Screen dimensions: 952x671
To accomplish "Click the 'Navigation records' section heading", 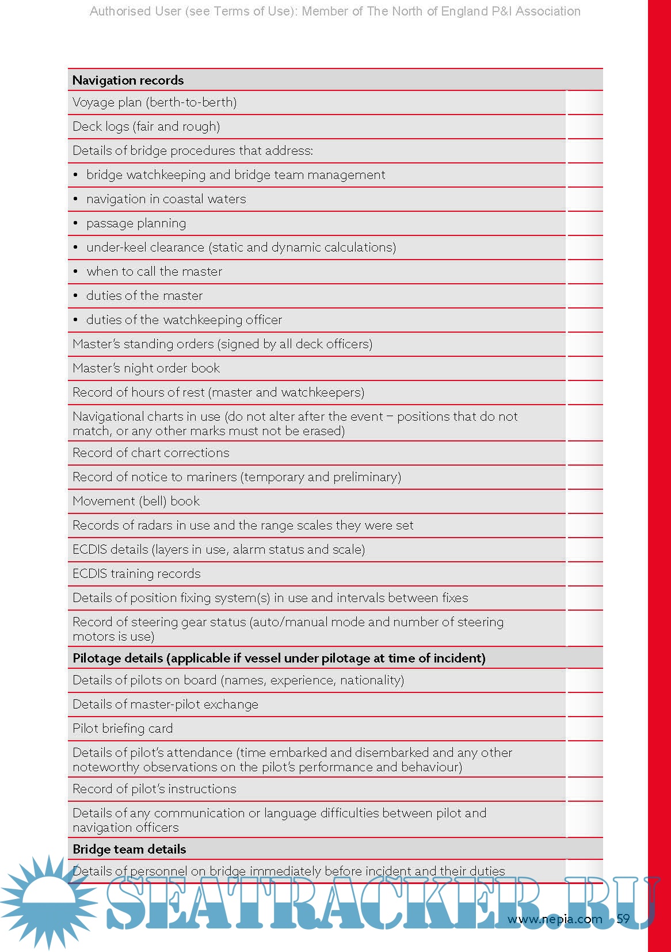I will (x=128, y=80).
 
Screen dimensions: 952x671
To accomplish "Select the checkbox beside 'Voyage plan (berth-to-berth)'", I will (x=584, y=102).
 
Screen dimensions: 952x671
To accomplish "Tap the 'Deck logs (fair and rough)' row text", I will (x=146, y=127).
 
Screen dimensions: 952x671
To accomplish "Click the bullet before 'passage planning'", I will (x=75, y=223).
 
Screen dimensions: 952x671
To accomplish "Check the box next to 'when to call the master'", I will (x=584, y=272).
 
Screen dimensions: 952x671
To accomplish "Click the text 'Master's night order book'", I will (x=146, y=368).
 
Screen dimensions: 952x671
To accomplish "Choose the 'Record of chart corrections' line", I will (x=151, y=453).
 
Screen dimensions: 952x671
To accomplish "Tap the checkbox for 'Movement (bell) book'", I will (x=584, y=501).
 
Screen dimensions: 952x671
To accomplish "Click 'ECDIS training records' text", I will (x=136, y=574).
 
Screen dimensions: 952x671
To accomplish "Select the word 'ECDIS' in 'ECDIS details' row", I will (x=90, y=550).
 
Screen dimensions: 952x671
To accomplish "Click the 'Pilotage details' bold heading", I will (x=279, y=658).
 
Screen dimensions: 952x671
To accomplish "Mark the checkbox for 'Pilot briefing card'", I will (x=584, y=729).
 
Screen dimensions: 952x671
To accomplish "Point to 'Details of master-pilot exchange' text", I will (x=165, y=705).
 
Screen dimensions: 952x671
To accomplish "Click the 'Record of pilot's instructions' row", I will (x=154, y=789).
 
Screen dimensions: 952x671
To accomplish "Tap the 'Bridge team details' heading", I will (x=129, y=849).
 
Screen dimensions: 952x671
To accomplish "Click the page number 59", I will (x=623, y=919).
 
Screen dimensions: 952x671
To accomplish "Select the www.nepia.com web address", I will (x=554, y=919).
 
